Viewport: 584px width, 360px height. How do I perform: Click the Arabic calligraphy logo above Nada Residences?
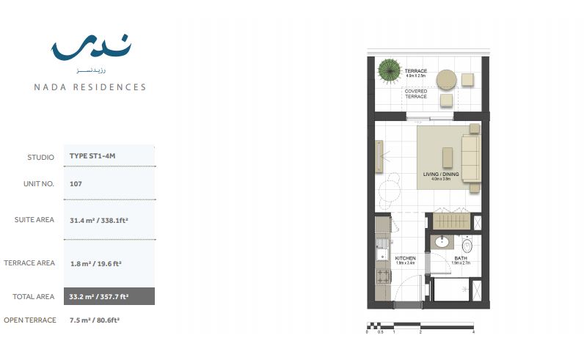(91, 48)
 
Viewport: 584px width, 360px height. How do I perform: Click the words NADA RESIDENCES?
(90, 87)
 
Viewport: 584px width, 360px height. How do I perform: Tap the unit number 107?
(76, 183)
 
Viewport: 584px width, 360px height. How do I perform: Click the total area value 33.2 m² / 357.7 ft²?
(99, 297)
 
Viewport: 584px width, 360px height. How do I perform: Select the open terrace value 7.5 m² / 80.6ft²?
(95, 320)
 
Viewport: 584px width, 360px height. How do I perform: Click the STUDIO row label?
(40, 157)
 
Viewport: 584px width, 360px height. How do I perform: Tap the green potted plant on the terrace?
(389, 72)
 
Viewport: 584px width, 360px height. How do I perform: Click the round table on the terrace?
(446, 78)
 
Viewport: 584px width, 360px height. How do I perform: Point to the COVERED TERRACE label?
(415, 94)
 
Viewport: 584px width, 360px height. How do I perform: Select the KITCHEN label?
(406, 259)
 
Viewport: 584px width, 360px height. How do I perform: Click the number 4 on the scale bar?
(473, 332)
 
